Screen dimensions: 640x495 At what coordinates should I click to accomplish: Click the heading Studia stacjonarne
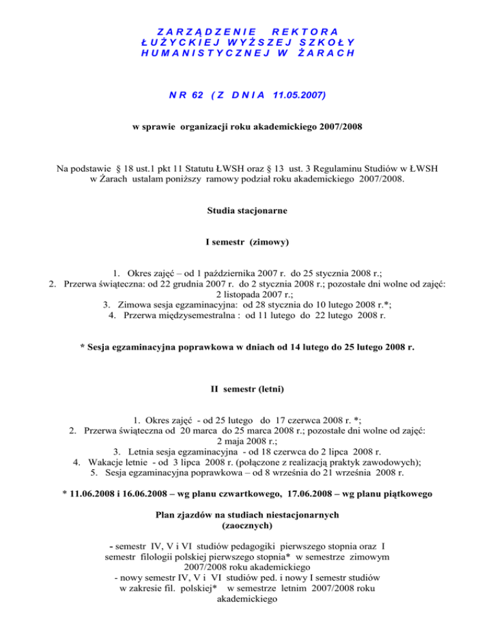(247, 210)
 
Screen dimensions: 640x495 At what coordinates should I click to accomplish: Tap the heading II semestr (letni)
(247, 389)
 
